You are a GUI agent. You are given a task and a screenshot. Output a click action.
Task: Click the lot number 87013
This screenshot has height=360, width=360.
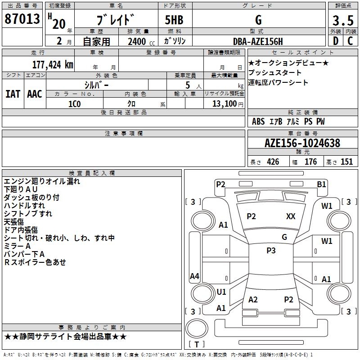tap(22, 20)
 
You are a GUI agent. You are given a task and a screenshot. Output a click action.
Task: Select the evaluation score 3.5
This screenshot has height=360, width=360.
tap(342, 21)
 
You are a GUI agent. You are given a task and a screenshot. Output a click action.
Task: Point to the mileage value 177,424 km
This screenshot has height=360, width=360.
tap(53, 64)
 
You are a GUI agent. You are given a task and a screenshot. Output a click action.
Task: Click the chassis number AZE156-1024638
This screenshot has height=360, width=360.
tap(302, 144)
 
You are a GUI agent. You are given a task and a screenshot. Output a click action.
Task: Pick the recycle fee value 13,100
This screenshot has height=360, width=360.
tap(224, 104)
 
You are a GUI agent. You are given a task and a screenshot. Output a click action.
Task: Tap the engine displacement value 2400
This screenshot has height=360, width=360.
tap(137, 42)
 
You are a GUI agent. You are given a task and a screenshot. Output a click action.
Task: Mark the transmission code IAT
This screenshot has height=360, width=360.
tap(13, 94)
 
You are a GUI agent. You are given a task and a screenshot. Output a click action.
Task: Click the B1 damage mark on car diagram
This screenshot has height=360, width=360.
tap(321, 184)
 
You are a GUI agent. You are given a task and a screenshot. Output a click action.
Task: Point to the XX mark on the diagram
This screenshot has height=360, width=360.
tap(291, 216)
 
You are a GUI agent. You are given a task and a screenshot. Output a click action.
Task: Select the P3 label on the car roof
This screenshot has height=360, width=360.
tap(271, 251)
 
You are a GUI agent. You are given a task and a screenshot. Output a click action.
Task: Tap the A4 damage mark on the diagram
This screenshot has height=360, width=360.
tap(194, 276)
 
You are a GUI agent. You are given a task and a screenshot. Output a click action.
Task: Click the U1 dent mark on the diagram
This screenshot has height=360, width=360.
tap(221, 292)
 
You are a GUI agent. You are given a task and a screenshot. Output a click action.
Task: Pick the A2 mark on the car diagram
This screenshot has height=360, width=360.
tap(253, 300)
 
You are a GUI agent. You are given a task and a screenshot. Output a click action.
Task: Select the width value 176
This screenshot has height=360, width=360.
tap(310, 162)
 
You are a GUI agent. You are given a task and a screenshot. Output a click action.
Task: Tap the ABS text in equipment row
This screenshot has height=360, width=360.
tap(258, 121)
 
